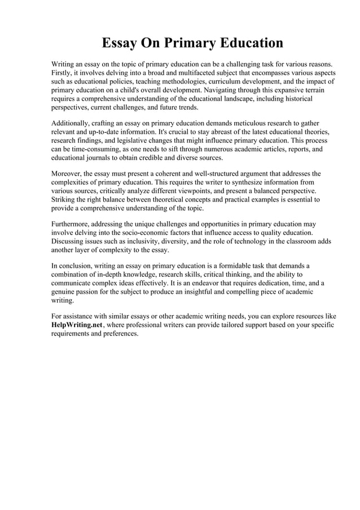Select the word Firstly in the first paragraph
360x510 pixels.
pos(62,73)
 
